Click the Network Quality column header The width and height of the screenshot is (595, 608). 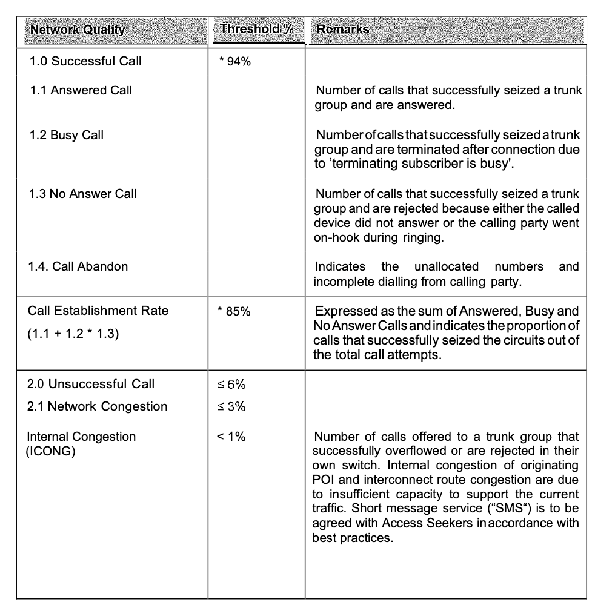tap(78, 30)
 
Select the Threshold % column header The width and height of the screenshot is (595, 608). tap(257, 29)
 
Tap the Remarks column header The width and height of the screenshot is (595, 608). tap(343, 29)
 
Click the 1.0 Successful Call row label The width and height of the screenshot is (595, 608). tap(85, 61)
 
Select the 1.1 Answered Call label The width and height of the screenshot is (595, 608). tap(81, 91)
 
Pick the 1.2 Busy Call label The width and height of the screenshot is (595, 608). tap(67, 135)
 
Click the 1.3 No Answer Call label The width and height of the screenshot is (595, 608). tap(84, 194)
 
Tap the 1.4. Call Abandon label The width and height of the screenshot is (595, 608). tap(78, 266)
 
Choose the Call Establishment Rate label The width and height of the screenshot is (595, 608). tap(98, 311)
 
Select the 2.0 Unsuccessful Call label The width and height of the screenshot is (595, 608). tap(91, 384)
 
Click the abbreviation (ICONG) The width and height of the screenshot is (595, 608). tap(51, 452)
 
